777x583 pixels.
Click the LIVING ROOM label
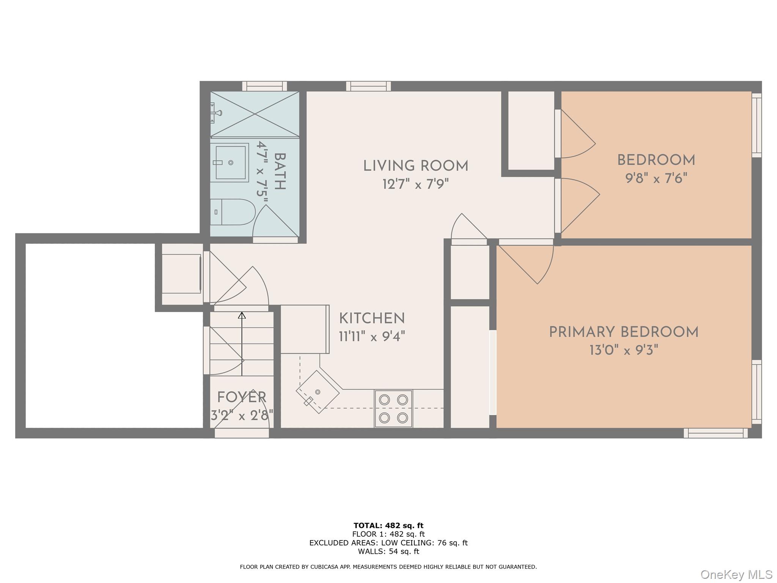click(415, 166)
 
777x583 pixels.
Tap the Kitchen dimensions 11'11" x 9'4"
click(372, 336)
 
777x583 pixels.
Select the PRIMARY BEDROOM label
click(623, 332)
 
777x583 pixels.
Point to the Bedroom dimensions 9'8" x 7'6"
click(656, 178)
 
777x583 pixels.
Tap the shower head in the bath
click(217, 113)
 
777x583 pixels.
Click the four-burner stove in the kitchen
click(393, 408)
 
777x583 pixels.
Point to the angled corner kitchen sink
click(318, 392)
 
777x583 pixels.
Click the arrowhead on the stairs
click(242, 315)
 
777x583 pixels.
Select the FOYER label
click(242, 397)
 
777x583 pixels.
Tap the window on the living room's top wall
click(368, 86)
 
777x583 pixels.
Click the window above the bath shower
click(264, 86)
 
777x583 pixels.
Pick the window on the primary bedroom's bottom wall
click(716, 433)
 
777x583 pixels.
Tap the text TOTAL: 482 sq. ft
click(388, 526)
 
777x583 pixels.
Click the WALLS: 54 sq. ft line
click(388, 551)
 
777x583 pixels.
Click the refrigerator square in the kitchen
click(305, 329)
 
